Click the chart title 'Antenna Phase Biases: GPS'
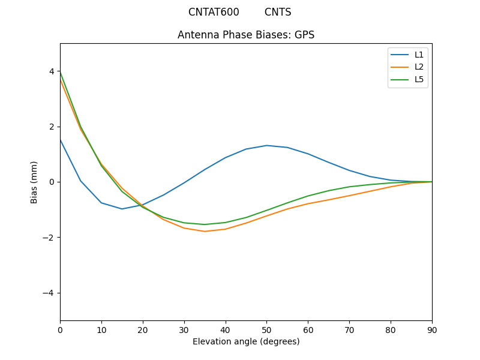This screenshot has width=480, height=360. click(246, 35)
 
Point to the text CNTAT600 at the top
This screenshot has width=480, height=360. click(214, 12)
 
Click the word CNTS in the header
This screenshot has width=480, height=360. click(278, 12)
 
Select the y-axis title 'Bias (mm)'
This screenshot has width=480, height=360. click(34, 182)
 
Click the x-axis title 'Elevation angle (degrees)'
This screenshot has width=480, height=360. click(246, 341)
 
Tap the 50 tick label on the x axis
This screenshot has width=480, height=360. click(266, 329)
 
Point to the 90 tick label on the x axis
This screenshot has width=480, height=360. click(432, 329)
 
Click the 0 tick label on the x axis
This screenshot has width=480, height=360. click(60, 329)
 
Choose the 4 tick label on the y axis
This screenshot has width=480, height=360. click(52, 71)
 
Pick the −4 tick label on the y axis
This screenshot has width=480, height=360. click(49, 293)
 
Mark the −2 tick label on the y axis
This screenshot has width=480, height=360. click(49, 238)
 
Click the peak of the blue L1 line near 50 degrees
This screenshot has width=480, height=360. click(266, 145)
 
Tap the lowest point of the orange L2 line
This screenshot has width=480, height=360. click(205, 232)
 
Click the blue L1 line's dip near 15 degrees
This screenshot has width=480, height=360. click(122, 209)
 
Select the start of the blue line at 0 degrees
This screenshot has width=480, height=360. click(61, 140)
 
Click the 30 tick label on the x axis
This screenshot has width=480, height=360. click(184, 329)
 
